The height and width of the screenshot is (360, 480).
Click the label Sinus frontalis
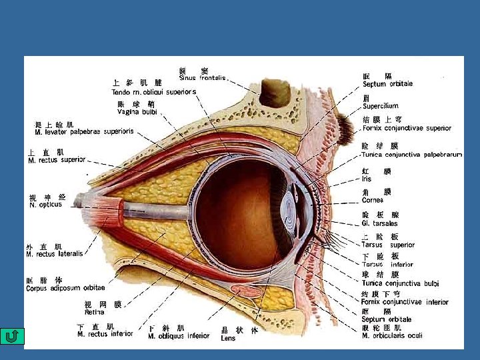click(x=203, y=78)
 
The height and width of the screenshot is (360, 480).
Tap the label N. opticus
click(x=45, y=205)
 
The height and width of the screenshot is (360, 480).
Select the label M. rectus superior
click(x=57, y=160)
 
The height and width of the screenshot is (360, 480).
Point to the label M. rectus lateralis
click(x=55, y=254)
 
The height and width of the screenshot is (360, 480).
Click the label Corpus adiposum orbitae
click(x=65, y=288)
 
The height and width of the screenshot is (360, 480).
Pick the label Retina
click(x=94, y=312)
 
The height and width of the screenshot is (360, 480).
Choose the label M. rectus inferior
click(x=105, y=334)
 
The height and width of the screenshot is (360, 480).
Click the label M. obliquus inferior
click(x=178, y=336)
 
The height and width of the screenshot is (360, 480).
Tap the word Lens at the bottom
click(x=228, y=338)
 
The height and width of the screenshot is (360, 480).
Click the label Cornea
click(x=373, y=200)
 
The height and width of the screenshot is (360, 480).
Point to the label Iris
click(x=367, y=179)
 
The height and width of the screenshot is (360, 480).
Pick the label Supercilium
click(x=380, y=106)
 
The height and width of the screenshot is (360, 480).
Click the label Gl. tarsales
click(x=379, y=223)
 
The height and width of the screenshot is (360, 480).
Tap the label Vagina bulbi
click(x=137, y=111)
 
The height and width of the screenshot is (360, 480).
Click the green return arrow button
click(x=11, y=336)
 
